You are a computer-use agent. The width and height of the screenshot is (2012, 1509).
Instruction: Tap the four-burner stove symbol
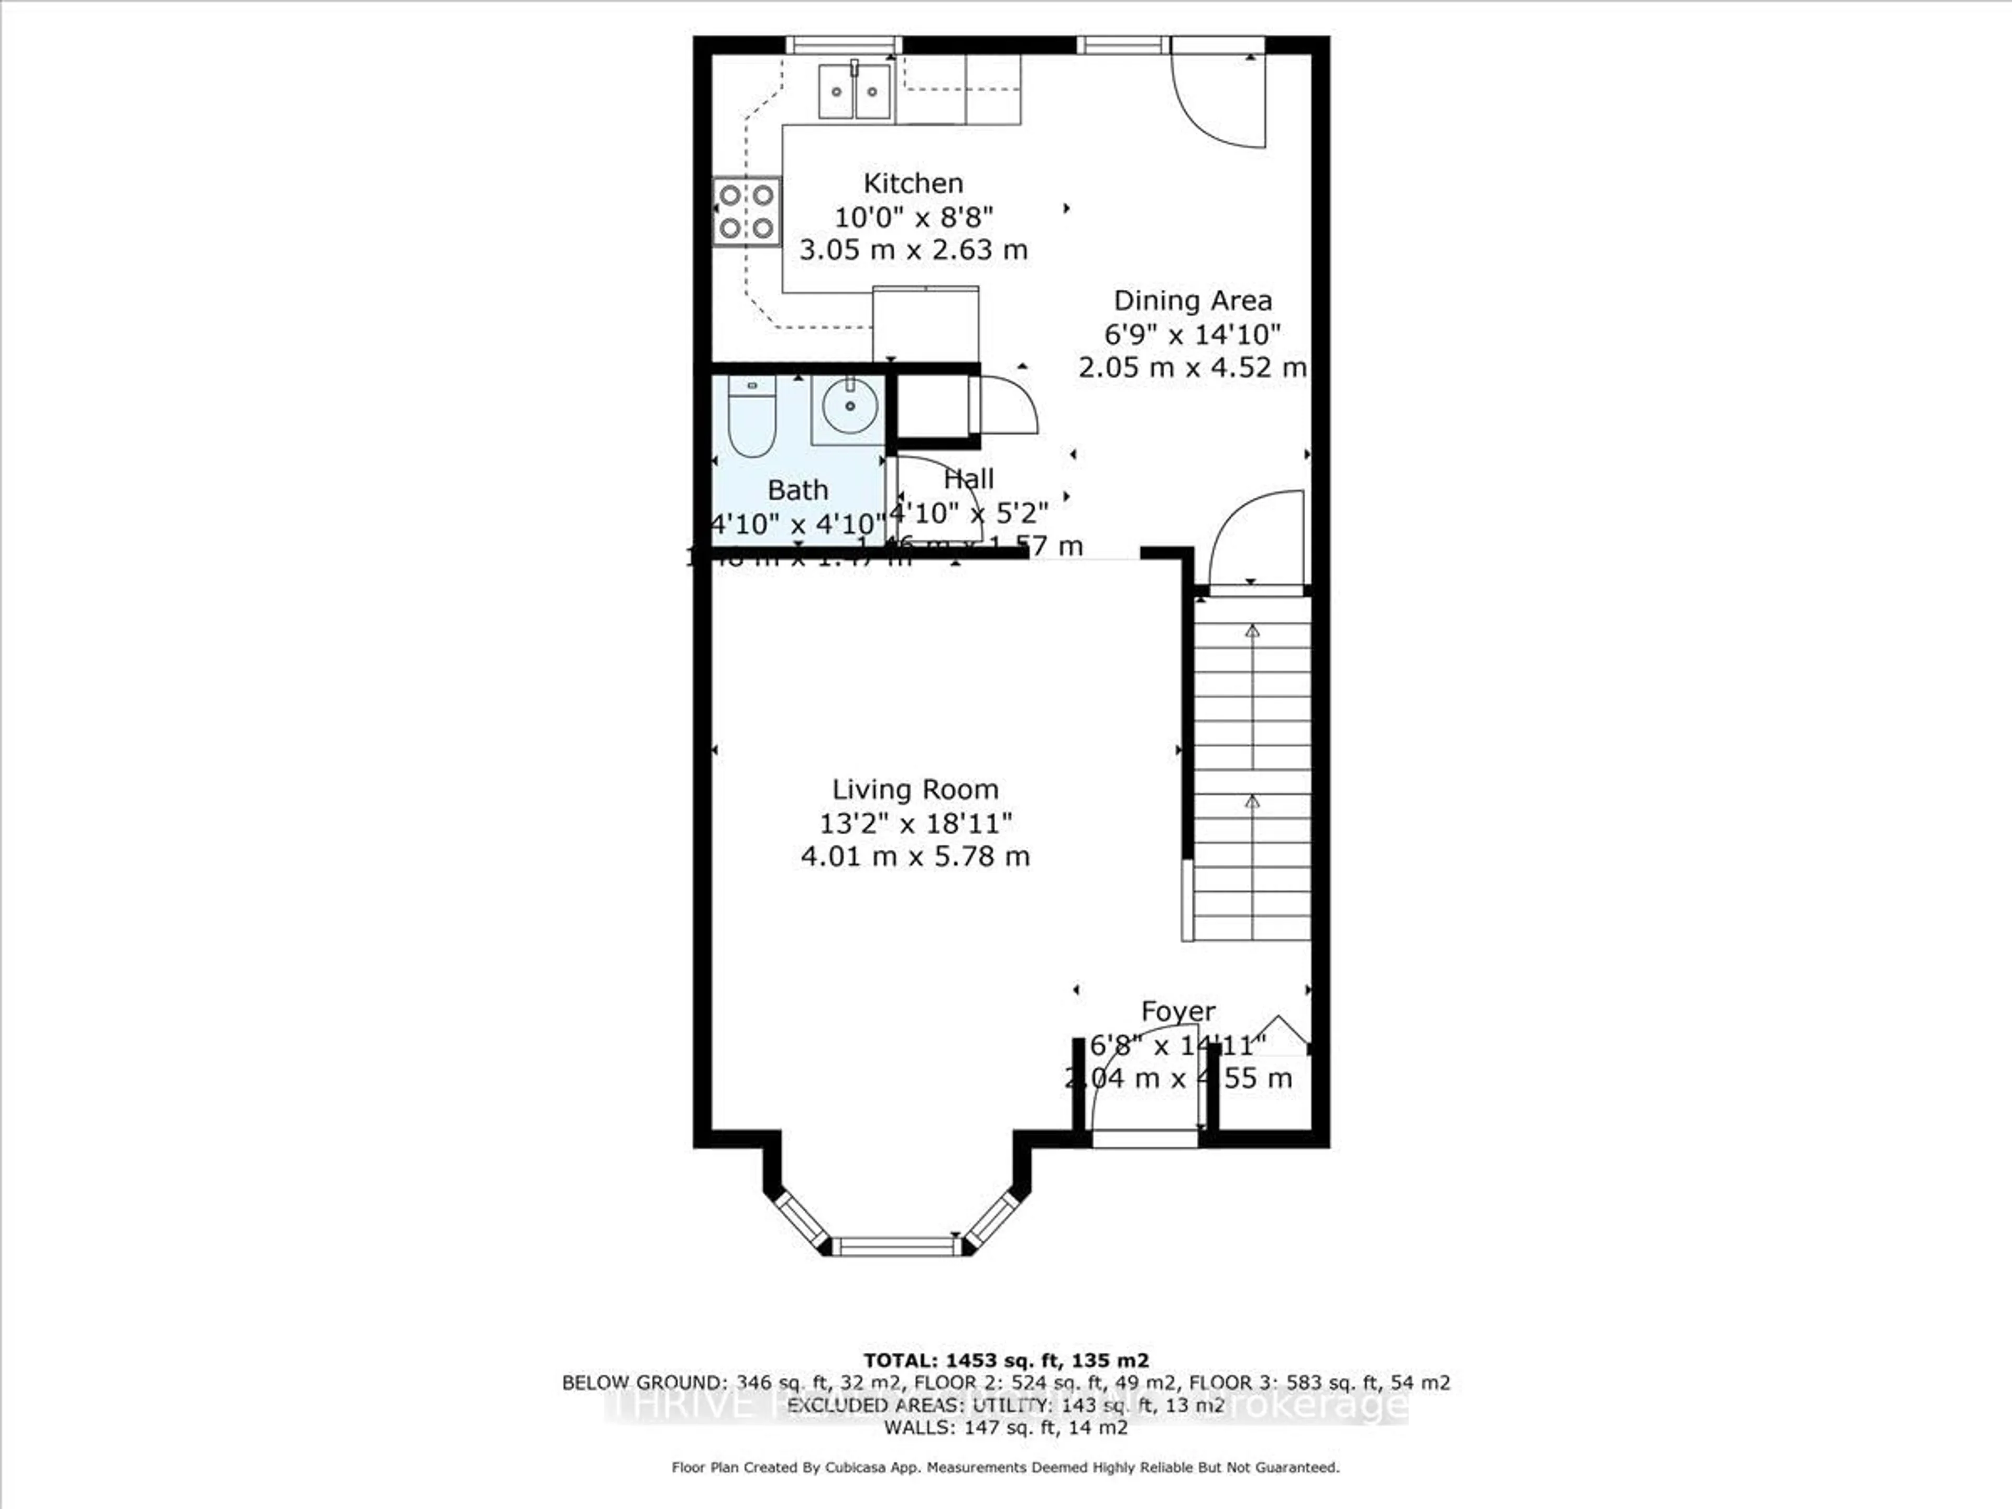(x=747, y=211)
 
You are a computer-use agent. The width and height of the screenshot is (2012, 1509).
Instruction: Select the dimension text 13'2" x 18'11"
(x=915, y=823)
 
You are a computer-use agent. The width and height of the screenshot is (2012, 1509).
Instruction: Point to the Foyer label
(x=1178, y=1011)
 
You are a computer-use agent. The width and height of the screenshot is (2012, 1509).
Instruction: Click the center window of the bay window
(x=896, y=1245)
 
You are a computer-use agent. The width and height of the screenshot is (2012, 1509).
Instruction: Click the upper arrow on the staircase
(x=1252, y=631)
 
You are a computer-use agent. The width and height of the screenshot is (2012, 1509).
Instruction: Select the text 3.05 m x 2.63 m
(x=913, y=250)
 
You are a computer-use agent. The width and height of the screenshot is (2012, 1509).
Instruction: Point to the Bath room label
(x=797, y=490)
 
